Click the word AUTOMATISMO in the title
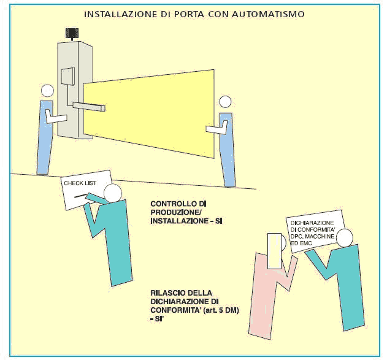[x=270, y=13]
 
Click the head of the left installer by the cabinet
[x=48, y=91]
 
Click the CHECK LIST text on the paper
[x=77, y=183]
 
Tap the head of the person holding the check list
[x=112, y=194]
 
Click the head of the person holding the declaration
[x=345, y=237]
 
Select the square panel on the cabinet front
[x=67, y=77]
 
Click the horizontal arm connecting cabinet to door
[x=89, y=107]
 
